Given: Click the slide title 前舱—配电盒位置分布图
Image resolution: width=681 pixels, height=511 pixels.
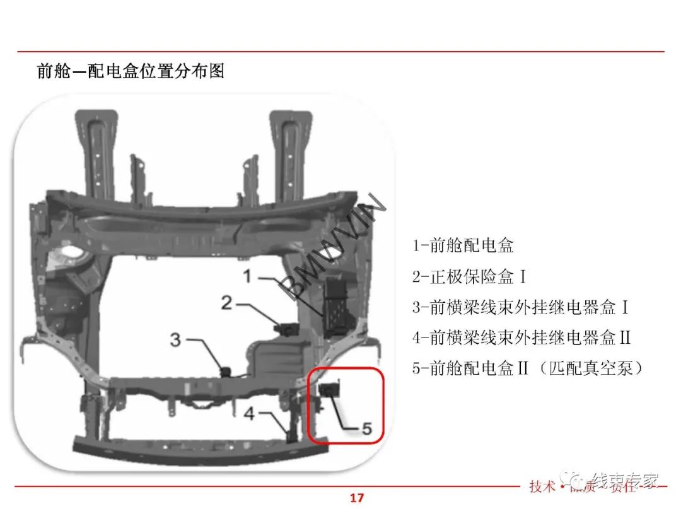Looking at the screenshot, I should (131, 71).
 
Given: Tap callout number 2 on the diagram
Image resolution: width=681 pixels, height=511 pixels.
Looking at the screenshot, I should (227, 303).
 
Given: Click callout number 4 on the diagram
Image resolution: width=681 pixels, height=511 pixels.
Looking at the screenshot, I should (250, 414).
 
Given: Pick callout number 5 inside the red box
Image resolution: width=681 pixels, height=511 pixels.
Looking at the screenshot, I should (367, 429).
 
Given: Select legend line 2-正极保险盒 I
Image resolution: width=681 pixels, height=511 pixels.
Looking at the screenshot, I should (470, 276).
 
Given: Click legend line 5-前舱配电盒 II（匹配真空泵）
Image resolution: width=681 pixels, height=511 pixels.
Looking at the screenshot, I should (528, 368).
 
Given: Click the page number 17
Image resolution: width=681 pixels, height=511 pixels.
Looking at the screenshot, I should (357, 498).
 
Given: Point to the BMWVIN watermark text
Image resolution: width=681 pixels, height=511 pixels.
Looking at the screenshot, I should (334, 246).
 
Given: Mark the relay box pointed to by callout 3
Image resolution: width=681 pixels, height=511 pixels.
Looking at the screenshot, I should (225, 371).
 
